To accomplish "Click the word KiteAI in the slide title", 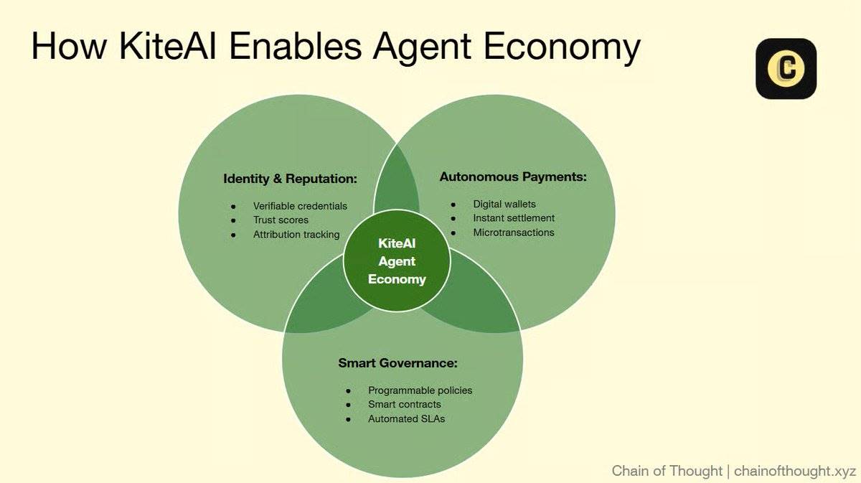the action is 168,46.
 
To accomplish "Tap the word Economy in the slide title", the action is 562,49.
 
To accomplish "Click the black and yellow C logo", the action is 786,68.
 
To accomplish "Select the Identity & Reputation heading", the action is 290,179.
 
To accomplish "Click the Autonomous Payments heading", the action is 513,177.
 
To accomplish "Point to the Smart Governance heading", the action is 397,362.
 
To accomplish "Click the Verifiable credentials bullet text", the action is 300,206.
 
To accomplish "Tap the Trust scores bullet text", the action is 281,220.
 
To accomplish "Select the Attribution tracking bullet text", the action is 296,235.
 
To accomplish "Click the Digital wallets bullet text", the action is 504,205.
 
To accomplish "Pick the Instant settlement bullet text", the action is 514,218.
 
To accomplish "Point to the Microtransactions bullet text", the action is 514,233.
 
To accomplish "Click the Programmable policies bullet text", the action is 420,390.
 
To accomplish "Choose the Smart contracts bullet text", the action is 405,404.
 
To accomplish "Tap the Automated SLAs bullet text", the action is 406,418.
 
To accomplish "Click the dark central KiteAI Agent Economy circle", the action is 397,261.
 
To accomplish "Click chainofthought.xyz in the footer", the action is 795,471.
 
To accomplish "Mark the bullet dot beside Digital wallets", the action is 453,205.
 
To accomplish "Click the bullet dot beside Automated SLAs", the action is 348,419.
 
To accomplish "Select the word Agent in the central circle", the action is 397,262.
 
